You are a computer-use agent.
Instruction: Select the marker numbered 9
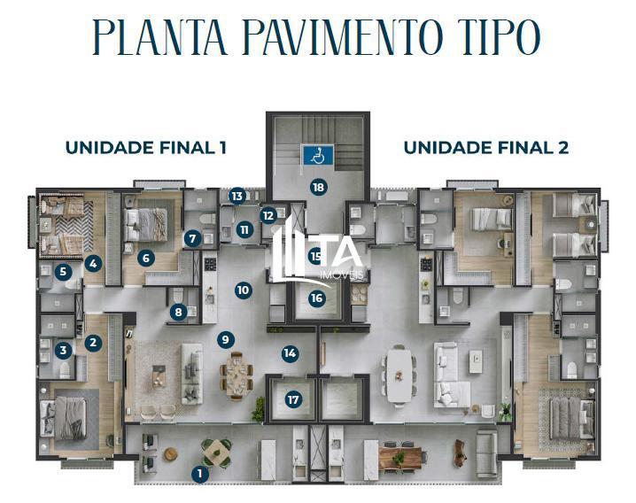click(x=227, y=338)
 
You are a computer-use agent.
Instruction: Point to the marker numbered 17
click(x=293, y=400)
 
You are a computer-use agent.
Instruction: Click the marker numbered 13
click(x=237, y=196)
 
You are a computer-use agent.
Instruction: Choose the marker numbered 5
click(x=63, y=273)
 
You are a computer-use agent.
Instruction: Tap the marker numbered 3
click(x=63, y=351)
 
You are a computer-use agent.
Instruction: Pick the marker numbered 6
click(x=147, y=259)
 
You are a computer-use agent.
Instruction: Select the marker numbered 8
click(x=180, y=311)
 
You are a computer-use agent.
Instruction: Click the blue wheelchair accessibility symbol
click(x=315, y=156)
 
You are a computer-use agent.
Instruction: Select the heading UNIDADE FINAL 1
click(x=145, y=148)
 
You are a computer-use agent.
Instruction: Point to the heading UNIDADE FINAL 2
click(x=485, y=148)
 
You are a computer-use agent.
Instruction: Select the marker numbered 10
click(x=244, y=290)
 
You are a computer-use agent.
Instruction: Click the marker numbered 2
click(x=94, y=342)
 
